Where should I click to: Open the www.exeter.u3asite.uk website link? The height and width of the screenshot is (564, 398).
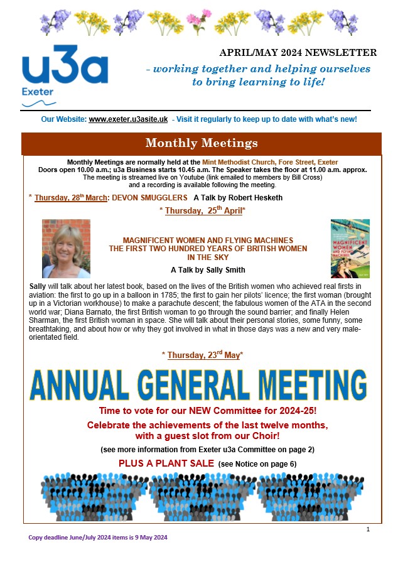128,119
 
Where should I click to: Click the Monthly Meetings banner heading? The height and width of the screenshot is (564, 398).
202,143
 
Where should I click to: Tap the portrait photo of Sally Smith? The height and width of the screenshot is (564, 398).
66,248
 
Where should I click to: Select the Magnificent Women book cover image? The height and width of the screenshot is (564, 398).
350,248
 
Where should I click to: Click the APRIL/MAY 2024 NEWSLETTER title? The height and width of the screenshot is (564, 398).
298,53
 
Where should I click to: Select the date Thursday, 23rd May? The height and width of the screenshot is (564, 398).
202,355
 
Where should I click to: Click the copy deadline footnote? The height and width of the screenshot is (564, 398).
98,538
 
